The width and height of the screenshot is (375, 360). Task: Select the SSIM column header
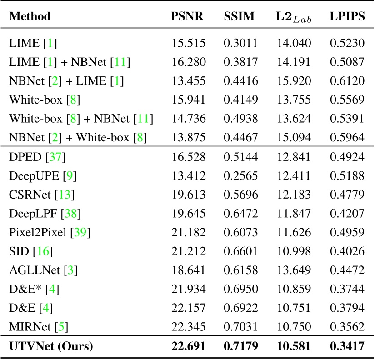coord(240,17)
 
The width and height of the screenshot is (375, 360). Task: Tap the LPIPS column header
coord(347,17)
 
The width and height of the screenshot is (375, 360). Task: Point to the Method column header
coord(30,17)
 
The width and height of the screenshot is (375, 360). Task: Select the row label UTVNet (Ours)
coord(51,346)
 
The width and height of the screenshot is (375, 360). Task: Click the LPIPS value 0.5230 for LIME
coord(347,44)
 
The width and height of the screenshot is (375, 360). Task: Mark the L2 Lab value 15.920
coord(294,81)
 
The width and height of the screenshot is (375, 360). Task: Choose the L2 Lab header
coord(294,17)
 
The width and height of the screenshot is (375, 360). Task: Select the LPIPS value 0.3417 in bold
coord(347,346)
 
